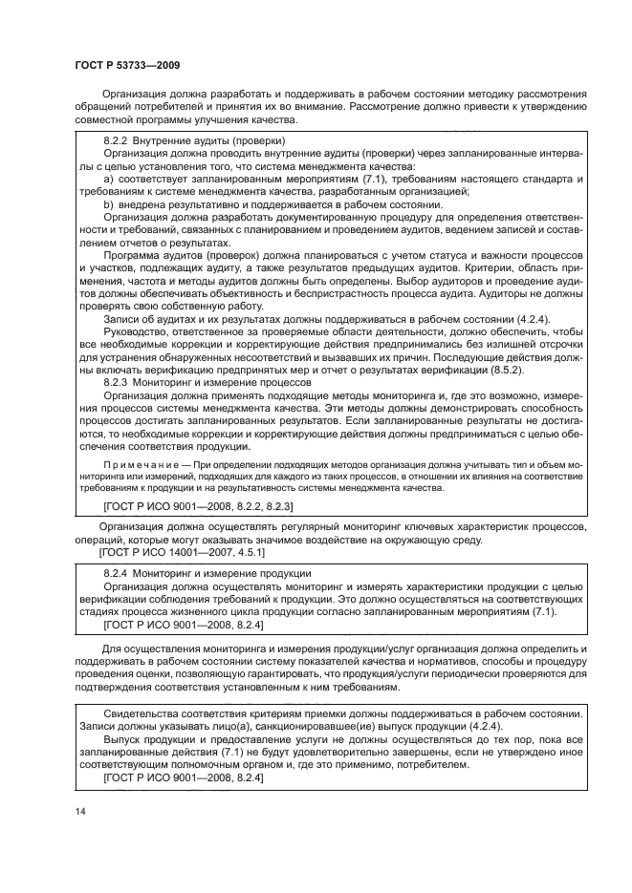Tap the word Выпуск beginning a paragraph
(121, 739)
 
